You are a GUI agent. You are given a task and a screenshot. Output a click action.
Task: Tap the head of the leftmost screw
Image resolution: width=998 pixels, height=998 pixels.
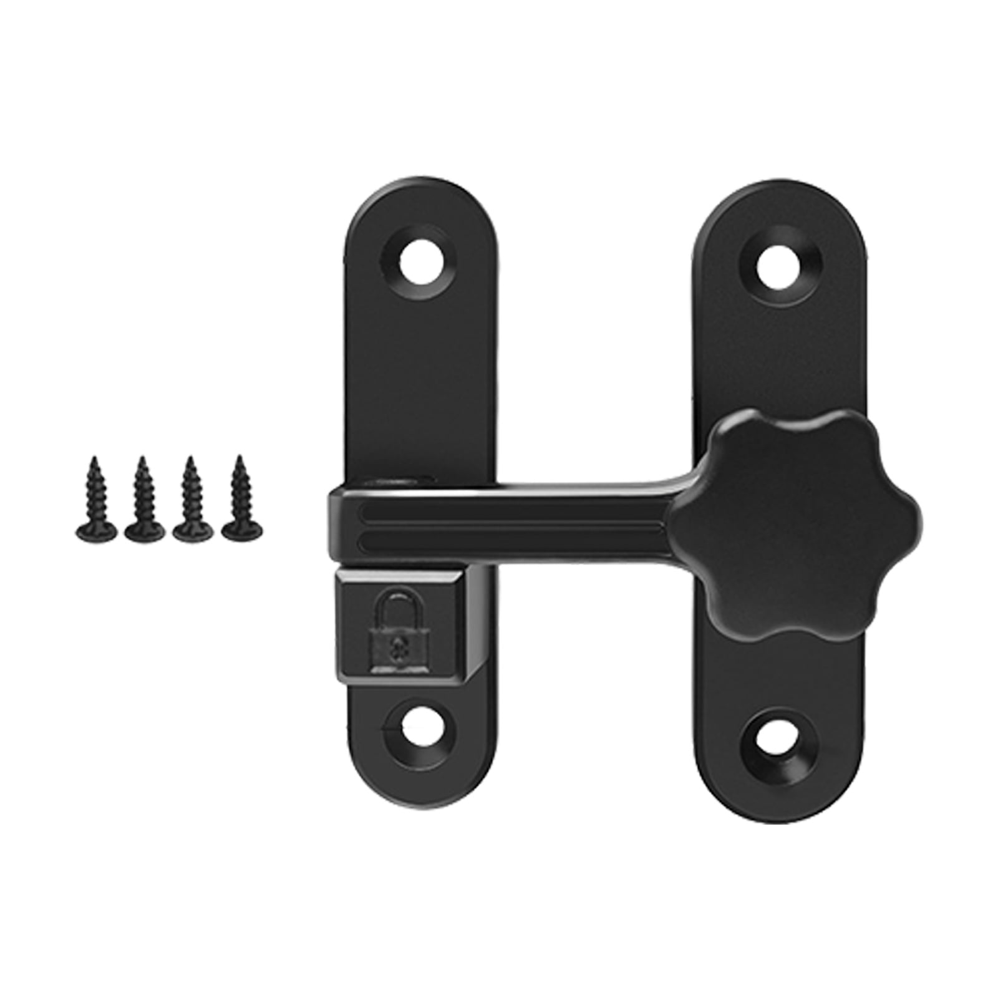[97, 531]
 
